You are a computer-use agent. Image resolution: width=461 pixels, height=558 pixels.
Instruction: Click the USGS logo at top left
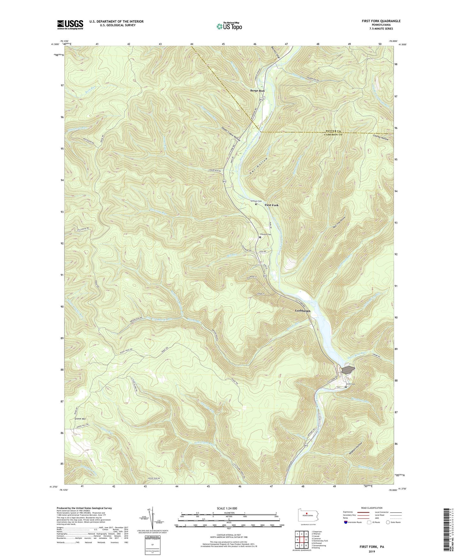click(x=70, y=25)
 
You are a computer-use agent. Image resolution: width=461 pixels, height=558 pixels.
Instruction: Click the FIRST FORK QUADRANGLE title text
click(x=381, y=21)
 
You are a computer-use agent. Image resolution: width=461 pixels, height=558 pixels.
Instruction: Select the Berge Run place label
click(x=257, y=91)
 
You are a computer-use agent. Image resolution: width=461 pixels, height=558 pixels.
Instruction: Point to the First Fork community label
click(x=271, y=205)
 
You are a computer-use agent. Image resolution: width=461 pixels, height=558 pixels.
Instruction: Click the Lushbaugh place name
click(x=302, y=311)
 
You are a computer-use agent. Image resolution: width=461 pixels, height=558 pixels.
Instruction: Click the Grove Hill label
click(x=80, y=418)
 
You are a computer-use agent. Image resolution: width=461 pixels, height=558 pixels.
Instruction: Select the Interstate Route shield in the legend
click(x=346, y=522)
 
